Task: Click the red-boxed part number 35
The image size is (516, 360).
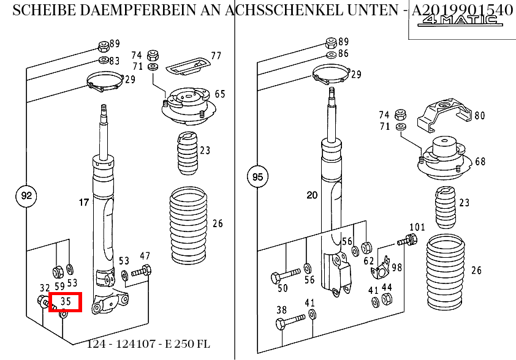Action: [x=65, y=301]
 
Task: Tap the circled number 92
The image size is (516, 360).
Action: [x=26, y=197]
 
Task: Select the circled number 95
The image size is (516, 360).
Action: [x=257, y=178]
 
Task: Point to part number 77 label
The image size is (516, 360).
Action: [x=216, y=56]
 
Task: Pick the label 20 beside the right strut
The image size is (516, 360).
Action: [x=312, y=195]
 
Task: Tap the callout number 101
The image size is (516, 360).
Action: [x=417, y=227]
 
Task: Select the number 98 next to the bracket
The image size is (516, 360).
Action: [x=396, y=268]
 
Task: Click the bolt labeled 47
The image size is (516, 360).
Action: [x=141, y=271]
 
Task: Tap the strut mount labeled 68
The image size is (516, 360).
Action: [x=441, y=156]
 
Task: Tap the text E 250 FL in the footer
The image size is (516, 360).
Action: [x=188, y=343]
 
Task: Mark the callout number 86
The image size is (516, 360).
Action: [x=343, y=53]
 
